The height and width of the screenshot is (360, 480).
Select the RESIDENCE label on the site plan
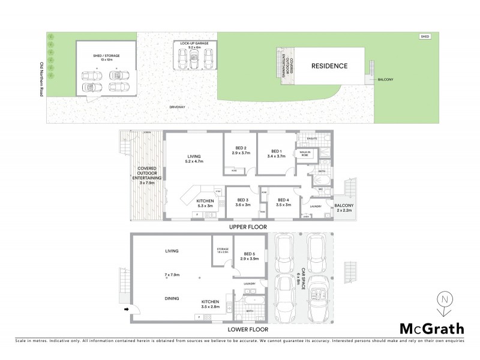[x=329, y=66]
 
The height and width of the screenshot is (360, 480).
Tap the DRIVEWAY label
[x=176, y=107]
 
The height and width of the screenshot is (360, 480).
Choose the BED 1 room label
[x=276, y=152]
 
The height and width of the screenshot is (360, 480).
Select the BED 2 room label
[x=240, y=150]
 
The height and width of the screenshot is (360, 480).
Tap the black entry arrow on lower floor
[x=127, y=310]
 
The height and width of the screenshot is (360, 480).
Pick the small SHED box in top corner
[x=425, y=37]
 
